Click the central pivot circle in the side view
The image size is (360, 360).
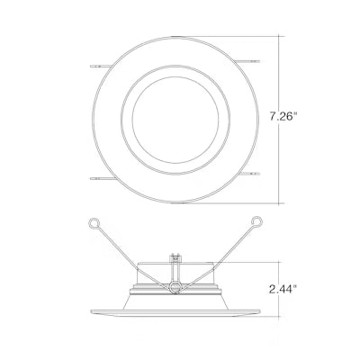[x=175, y=287]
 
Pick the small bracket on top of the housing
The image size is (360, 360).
[x=175, y=262]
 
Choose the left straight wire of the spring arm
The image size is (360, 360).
[x=130, y=253]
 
